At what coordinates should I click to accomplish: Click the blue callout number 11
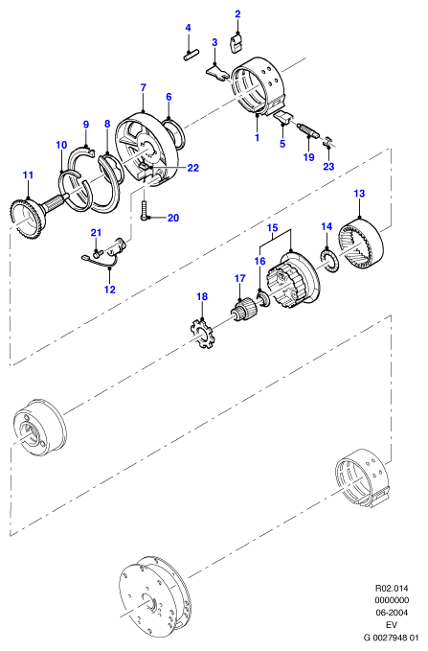pyautogui.click(x=28, y=175)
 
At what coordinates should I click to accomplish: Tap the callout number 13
pyautogui.click(x=359, y=194)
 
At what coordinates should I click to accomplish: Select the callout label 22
pyautogui.click(x=192, y=168)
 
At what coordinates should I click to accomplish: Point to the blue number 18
pyautogui.click(x=202, y=296)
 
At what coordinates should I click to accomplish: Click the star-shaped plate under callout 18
pyautogui.click(x=201, y=331)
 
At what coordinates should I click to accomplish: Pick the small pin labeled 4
pyautogui.click(x=191, y=55)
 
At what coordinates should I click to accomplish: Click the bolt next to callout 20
pyautogui.click(x=145, y=211)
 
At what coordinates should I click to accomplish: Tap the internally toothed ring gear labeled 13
pyautogui.click(x=362, y=244)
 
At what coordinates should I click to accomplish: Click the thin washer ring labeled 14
pyautogui.click(x=330, y=262)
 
